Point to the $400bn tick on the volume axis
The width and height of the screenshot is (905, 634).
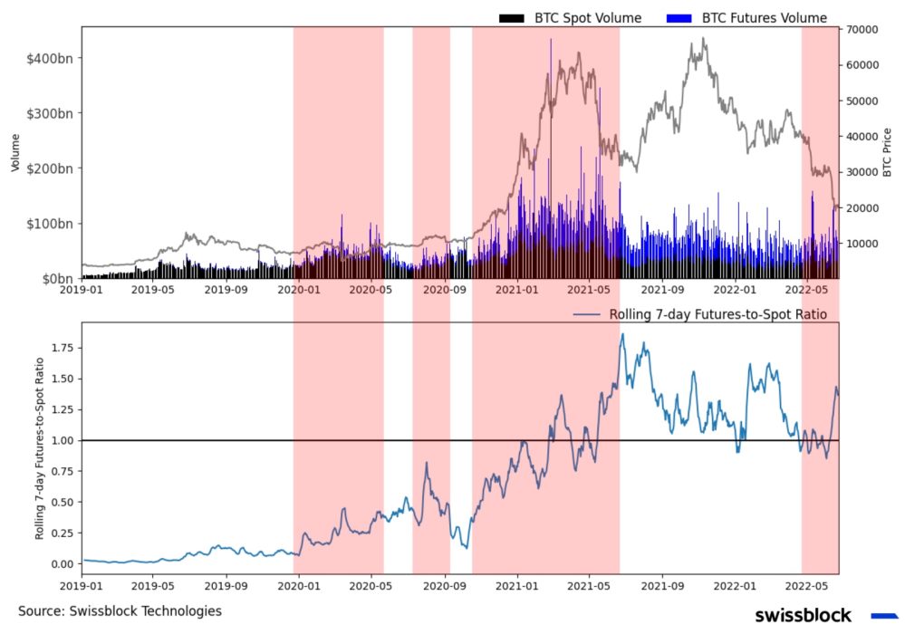(52, 58)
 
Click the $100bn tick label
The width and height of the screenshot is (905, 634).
(52, 224)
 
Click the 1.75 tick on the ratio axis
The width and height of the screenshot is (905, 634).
(62, 347)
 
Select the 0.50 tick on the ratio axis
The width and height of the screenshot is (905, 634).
(62, 502)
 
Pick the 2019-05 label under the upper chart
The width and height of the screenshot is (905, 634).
(153, 291)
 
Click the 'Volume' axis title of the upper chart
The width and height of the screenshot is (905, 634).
(15, 152)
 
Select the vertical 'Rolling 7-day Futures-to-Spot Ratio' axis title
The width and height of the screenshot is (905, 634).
(40, 445)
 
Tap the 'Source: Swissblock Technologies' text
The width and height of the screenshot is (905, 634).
(120, 611)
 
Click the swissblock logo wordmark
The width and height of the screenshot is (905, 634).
(803, 616)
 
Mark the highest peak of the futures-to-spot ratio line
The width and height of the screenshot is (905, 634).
(622, 334)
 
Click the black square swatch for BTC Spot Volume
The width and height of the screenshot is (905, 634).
(512, 18)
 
